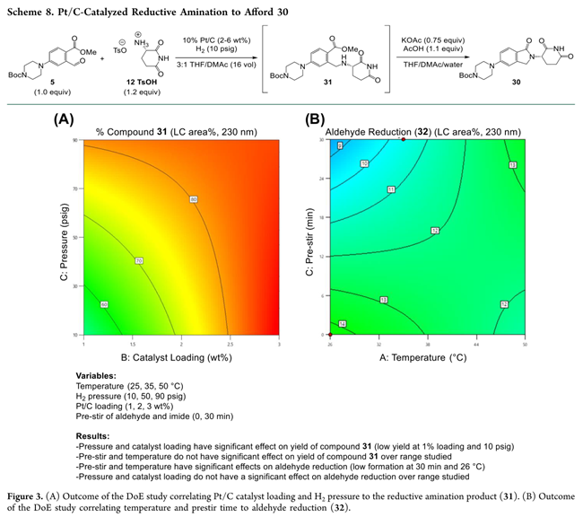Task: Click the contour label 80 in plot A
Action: tap(193, 198)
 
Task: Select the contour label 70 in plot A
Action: tap(139, 260)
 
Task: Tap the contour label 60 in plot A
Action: tap(105, 305)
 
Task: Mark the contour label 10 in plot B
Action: tap(340, 163)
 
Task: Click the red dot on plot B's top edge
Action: tap(404, 139)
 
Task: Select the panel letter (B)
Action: tap(315, 118)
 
